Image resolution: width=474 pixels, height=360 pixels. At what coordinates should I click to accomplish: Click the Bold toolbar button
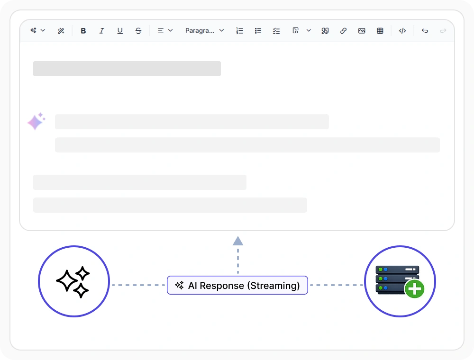point(83,31)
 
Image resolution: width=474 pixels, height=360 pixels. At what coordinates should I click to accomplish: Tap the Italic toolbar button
point(101,31)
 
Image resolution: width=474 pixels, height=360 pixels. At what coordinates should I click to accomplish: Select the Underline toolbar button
point(120,31)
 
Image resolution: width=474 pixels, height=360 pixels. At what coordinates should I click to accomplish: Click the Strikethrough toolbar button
point(138,31)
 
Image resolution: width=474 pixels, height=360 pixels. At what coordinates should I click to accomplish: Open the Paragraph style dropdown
point(204,30)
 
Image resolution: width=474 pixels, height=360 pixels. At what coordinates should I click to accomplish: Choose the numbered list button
point(239,31)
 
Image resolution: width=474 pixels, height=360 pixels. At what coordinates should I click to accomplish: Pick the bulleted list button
point(258,31)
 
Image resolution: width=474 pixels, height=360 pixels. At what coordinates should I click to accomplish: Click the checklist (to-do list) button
point(276,31)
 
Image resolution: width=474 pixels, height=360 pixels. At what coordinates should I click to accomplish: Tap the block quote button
point(325,31)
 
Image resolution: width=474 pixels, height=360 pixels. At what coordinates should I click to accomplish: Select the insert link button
point(343,31)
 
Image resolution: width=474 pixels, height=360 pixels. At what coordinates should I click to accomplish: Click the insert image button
point(362,31)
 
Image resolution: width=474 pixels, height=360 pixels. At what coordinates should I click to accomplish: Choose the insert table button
point(380,31)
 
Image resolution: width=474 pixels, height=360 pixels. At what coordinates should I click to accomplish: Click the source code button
point(402,31)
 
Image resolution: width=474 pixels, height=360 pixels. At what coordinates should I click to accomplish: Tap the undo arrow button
point(425,31)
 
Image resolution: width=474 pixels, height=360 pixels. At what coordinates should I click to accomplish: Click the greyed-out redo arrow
point(443,31)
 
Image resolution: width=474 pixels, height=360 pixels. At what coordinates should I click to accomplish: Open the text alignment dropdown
point(165,30)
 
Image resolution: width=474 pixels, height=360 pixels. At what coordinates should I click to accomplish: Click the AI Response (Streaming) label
point(237,285)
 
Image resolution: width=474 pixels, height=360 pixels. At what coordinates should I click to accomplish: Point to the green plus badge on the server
point(414,289)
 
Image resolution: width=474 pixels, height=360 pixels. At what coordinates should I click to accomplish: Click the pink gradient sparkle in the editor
point(36,121)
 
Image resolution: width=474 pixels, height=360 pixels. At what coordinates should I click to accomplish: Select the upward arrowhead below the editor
point(238,241)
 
